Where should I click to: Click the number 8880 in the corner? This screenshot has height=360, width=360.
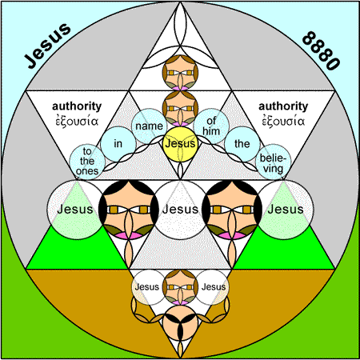pos(321,50)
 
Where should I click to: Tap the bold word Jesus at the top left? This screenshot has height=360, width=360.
pos(47,46)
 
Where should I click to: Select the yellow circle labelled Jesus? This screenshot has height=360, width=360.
pos(180,144)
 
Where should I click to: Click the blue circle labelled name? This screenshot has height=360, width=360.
pos(149,126)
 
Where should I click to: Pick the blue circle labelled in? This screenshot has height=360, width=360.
pos(118,144)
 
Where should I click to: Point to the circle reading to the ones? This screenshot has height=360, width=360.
pos(87,162)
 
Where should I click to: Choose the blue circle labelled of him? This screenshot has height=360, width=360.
pos(211,126)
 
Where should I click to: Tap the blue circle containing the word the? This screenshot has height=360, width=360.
pos(242,144)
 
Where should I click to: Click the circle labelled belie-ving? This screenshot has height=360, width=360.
pos(274,162)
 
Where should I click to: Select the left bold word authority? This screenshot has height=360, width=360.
pos(77,106)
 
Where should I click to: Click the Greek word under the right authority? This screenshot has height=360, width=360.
pos(283,121)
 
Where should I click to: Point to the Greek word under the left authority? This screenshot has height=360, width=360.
pos(77,121)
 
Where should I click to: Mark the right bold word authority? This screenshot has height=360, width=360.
pos(283,106)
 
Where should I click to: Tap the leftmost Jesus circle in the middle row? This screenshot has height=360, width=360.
pos(75,209)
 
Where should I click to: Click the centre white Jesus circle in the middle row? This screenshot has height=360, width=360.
pos(181,209)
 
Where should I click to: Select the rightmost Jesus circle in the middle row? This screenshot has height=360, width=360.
pos(286,209)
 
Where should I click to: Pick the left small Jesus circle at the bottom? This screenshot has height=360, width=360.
pos(148,287)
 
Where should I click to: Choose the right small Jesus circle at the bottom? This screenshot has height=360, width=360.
pos(213,287)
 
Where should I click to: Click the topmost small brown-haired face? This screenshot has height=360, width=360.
pos(180,73)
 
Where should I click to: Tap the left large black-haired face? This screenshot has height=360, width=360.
pos(128,210)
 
